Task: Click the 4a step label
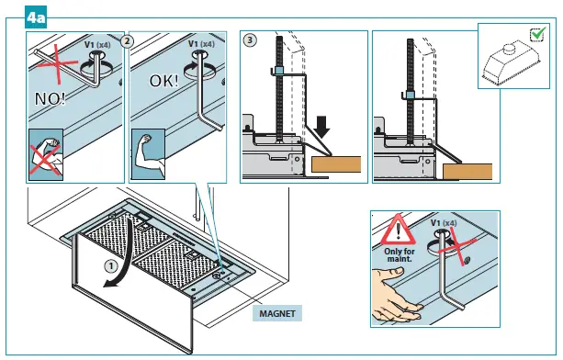[x=36, y=17]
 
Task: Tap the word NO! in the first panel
[x=50, y=98]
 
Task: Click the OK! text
[x=163, y=81]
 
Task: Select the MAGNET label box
[x=277, y=313]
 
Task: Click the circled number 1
[x=111, y=266]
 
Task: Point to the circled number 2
[x=127, y=41]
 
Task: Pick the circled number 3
[x=250, y=39]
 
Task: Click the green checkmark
[x=538, y=34]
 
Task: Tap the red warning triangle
[x=398, y=230]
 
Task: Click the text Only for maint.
[x=400, y=254]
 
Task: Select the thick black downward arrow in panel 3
[x=321, y=127]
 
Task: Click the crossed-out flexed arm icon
[x=46, y=154]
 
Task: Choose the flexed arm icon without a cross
[x=149, y=154]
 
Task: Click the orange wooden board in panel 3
[x=336, y=164]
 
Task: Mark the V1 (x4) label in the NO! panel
[x=97, y=45]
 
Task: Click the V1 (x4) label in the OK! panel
[x=201, y=44]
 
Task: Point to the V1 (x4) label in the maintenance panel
[x=444, y=223]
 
